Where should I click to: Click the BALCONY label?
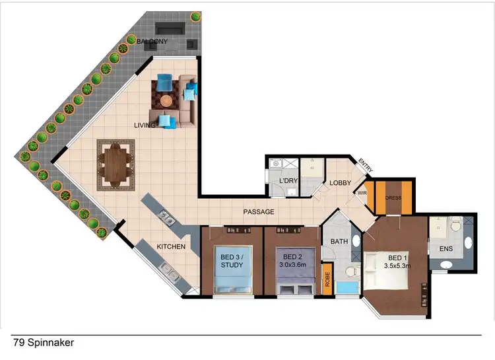coord(152,42)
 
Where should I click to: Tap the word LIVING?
coord(144,125)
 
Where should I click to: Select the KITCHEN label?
coord(170,247)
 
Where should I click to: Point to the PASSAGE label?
coord(259,212)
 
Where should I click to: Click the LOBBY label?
coord(341,183)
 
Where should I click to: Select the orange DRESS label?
coord(393,196)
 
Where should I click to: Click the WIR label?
coord(362,194)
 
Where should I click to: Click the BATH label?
coord(339,242)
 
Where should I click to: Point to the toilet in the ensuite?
coord(455,229)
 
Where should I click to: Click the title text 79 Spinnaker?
coord(43,343)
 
